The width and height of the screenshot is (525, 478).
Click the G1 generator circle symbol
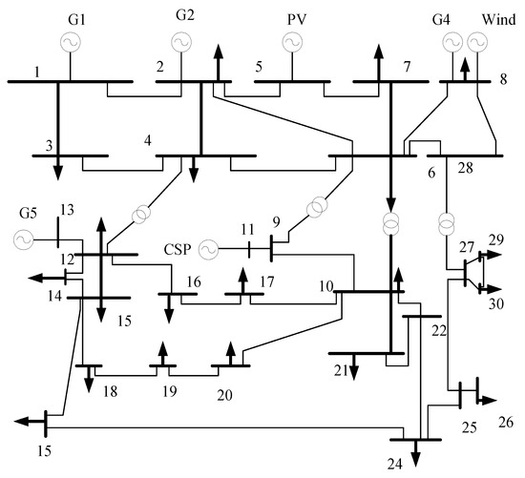(x=71, y=42)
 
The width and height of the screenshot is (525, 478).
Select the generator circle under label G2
(x=181, y=42)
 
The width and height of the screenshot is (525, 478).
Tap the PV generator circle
(x=292, y=42)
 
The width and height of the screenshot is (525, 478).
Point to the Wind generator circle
(x=477, y=42)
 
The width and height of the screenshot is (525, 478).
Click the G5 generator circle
(x=24, y=239)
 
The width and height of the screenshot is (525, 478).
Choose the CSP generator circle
(x=208, y=249)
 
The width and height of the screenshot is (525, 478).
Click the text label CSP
(x=178, y=249)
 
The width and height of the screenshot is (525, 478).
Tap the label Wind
(x=498, y=19)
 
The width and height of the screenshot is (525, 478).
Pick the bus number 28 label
(x=466, y=168)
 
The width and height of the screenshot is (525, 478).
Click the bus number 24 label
(x=395, y=465)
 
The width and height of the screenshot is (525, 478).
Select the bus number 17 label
(x=267, y=282)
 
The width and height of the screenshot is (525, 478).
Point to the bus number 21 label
(x=341, y=370)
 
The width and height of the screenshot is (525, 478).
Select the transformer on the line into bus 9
(x=316, y=208)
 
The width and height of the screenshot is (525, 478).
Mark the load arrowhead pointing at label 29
(x=494, y=255)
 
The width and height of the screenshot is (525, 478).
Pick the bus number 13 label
(x=67, y=210)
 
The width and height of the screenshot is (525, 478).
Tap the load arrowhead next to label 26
(x=489, y=400)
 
